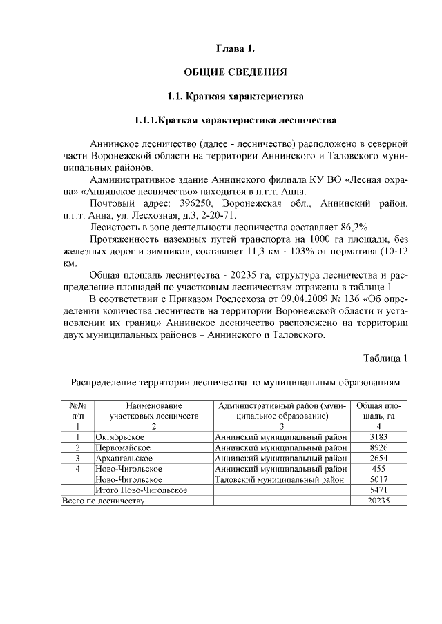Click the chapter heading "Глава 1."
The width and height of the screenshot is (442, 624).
(x=236, y=48)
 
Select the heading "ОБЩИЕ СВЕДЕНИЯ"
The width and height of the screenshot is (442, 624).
(x=235, y=72)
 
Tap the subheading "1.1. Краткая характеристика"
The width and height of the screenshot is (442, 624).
(x=235, y=95)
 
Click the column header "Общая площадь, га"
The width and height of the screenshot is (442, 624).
(x=377, y=411)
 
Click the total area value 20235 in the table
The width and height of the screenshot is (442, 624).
(x=378, y=501)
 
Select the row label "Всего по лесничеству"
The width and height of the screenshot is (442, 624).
(x=103, y=501)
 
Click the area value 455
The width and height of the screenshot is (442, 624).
(x=378, y=469)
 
